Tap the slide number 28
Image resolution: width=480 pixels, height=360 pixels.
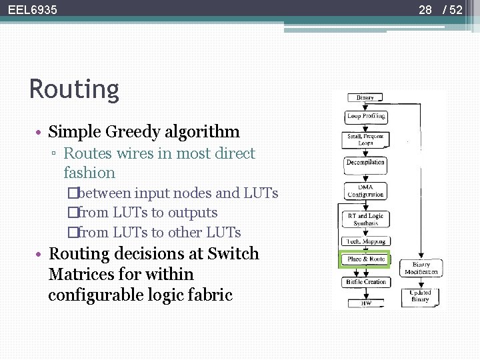click(x=425, y=10)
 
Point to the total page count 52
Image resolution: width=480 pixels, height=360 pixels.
click(x=455, y=10)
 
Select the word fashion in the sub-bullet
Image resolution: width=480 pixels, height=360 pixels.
click(x=89, y=173)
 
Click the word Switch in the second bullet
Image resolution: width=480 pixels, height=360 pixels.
click(x=233, y=254)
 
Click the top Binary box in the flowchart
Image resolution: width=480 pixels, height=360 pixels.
click(x=365, y=97)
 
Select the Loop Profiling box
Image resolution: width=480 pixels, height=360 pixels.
click(x=366, y=116)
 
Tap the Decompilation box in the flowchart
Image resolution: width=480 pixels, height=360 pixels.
click(x=365, y=162)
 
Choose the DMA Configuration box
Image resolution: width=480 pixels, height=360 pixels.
click(x=365, y=191)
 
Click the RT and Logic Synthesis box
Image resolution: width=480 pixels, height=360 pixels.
click(x=366, y=219)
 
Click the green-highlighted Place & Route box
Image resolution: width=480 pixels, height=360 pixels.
click(x=366, y=259)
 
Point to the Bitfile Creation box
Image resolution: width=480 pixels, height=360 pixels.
click(x=366, y=282)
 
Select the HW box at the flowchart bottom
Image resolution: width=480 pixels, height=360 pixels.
click(x=366, y=303)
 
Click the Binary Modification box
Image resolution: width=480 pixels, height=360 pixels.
click(x=421, y=268)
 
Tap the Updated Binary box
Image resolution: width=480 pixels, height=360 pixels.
click(x=421, y=295)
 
